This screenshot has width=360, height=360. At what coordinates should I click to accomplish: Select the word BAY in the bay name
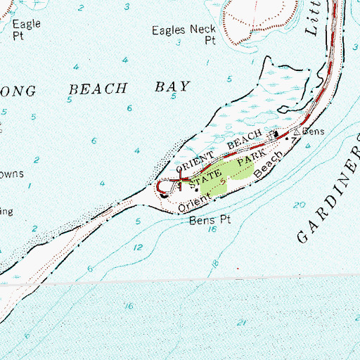pyautogui.click(x=174, y=87)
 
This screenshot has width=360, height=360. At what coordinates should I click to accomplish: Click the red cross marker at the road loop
pyautogui.click(x=184, y=182)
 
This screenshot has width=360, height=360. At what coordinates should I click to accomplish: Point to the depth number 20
pyautogui.click(x=302, y=205)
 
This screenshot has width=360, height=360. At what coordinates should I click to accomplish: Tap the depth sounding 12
pyautogui.click(x=139, y=247)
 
